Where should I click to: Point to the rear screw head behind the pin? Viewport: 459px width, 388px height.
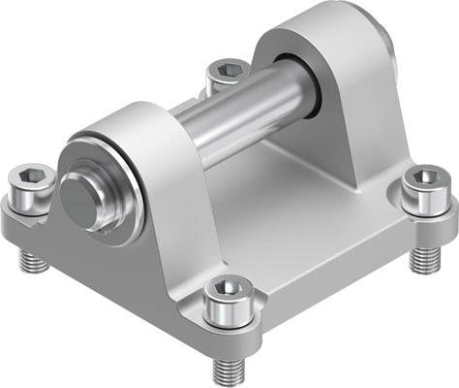(x=226, y=72)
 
